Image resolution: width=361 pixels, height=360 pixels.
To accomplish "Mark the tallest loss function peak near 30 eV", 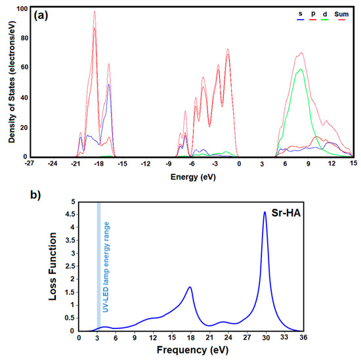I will coord(265,212).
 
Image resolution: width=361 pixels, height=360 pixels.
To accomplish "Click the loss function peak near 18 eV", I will coord(190,287).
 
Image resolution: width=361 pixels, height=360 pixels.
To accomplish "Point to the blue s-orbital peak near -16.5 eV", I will coord(109,83).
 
